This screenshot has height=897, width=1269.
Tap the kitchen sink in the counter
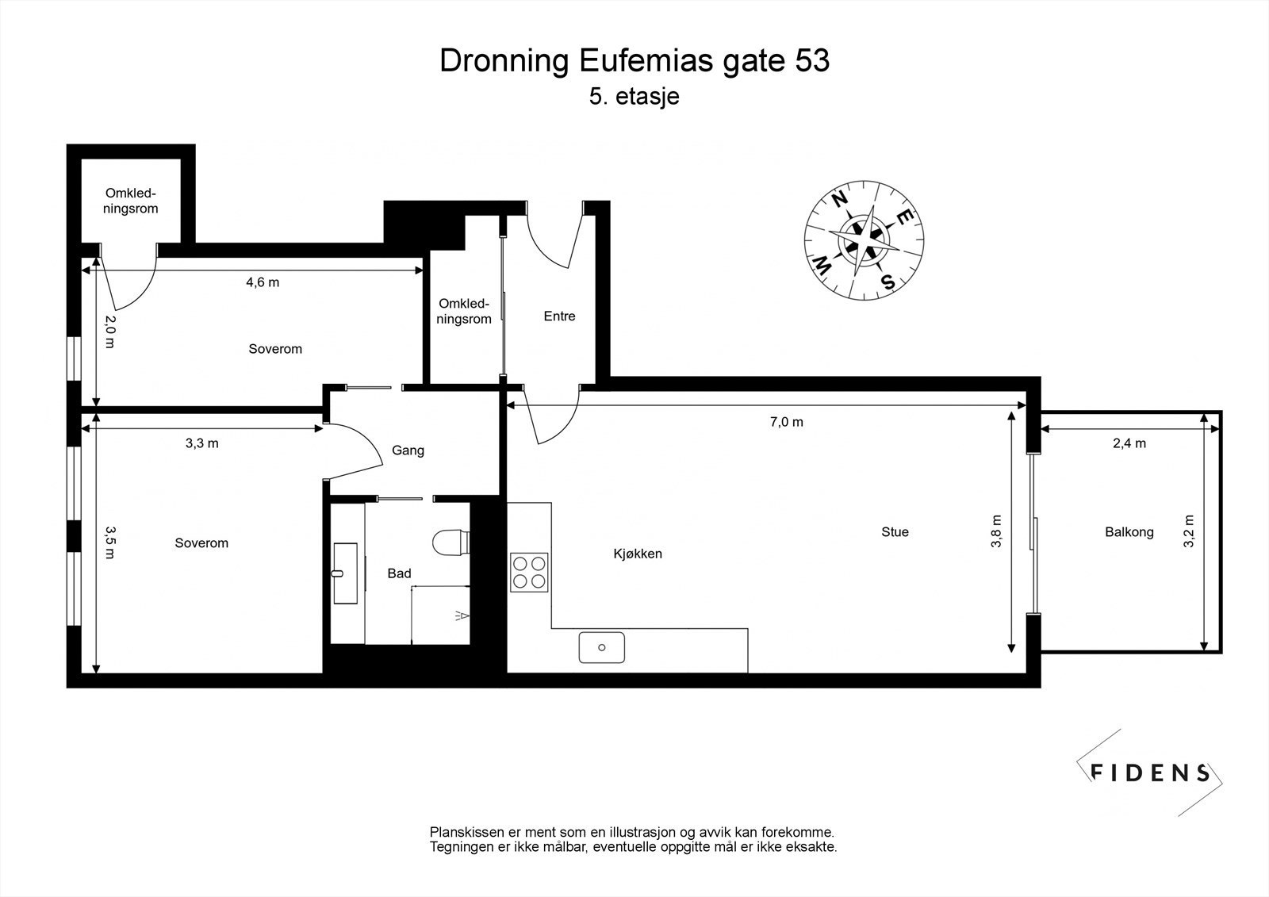click(601, 647)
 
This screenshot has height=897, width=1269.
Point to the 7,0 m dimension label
click(786, 422)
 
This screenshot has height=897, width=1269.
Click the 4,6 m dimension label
click(263, 282)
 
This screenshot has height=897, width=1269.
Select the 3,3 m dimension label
click(201, 443)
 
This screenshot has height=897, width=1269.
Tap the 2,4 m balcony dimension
click(1129, 443)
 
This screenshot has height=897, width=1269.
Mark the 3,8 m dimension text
click(997, 531)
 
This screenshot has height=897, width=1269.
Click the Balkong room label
click(1129, 532)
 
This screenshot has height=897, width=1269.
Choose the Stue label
click(895, 532)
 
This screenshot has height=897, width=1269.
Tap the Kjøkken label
click(637, 554)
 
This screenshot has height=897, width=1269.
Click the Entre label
click(559, 316)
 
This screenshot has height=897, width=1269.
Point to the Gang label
click(408, 450)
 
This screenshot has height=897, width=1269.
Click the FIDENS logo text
click(1150, 772)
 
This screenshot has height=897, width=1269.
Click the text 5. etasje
click(634, 97)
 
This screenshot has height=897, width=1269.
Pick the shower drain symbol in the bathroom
click(462, 615)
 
